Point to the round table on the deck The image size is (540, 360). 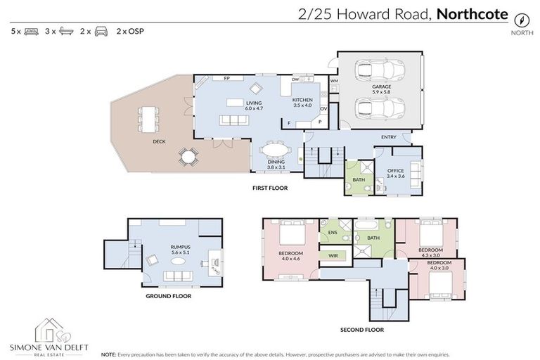[x=187, y=156]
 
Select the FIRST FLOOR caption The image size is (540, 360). [x=270, y=188]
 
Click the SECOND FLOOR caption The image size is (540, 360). [x=362, y=329]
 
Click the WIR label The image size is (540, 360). [x=333, y=255]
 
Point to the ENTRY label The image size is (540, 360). [x=389, y=137]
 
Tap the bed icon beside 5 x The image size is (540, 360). [x=31, y=32]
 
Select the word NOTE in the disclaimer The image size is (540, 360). [x=109, y=354]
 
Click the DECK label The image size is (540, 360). [x=159, y=141]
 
